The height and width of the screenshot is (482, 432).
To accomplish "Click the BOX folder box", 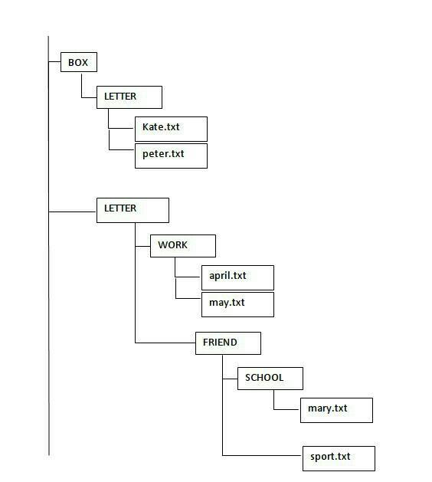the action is pos(79,62).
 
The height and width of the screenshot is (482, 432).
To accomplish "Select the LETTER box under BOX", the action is pos(129,97).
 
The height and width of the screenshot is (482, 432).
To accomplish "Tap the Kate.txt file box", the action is pos(171,129).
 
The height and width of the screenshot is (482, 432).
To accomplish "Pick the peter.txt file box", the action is pos(171,156).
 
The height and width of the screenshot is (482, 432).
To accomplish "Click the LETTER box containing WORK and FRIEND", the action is pos(133,210).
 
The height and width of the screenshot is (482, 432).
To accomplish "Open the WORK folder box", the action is pos(183,246).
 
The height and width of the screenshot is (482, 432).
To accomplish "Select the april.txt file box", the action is pos(237,277).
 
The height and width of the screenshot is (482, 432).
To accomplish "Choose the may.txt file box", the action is pos(237,304).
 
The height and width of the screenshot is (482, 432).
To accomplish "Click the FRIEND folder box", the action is pos(228,343).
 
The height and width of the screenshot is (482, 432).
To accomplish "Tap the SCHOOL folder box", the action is pos(270,379).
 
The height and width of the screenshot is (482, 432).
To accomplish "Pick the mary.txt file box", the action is pos(336,411).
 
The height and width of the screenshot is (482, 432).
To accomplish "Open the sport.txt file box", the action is pos(339,458).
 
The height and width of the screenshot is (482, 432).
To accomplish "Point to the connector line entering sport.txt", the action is pos(262,455).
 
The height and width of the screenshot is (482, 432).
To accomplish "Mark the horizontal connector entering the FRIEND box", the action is pos(165,343).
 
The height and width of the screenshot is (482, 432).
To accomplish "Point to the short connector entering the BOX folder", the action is pos(54,62).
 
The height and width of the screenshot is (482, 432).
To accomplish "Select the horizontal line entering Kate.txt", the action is pos(122,128).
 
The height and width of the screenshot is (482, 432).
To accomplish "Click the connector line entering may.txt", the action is pos(188,298).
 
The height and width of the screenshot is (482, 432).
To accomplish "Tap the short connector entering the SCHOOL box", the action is pos(230,379).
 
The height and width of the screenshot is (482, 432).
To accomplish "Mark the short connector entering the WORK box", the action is pos(143,246).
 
